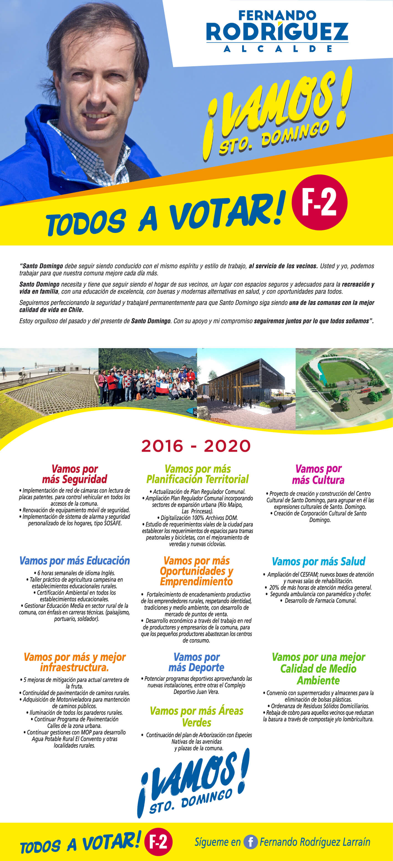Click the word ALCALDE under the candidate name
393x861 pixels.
pyautogui.click(x=278, y=49)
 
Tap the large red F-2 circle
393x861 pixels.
pyautogui.click(x=320, y=202)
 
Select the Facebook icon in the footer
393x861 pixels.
pyautogui.click(x=250, y=842)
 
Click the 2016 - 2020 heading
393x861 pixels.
pyautogui.click(x=196, y=446)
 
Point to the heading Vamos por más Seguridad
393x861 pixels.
pyautogui.click(x=75, y=474)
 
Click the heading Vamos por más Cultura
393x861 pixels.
pyautogui.click(x=318, y=474)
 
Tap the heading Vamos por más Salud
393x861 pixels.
pyautogui.click(x=318, y=561)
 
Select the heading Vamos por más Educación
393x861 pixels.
pyautogui.click(x=75, y=561)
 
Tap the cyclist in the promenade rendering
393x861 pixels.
pyautogui.click(x=23, y=375)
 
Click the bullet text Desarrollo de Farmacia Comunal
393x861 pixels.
pyautogui.click(x=320, y=601)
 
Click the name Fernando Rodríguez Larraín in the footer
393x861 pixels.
pyautogui.click(x=315, y=842)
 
